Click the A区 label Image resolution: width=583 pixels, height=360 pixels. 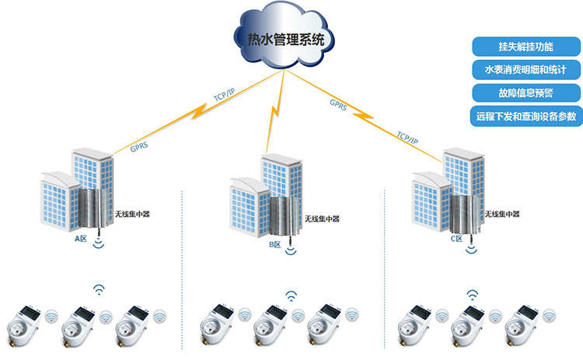[x=80, y=240]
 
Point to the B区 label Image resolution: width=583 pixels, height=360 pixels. [x=274, y=245]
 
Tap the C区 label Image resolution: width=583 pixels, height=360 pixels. [x=456, y=240]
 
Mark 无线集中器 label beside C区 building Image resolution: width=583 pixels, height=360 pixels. [x=502, y=214]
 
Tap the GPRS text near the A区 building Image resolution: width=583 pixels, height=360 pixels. [x=140, y=144]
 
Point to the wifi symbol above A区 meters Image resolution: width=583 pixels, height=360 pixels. [x=99, y=290]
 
